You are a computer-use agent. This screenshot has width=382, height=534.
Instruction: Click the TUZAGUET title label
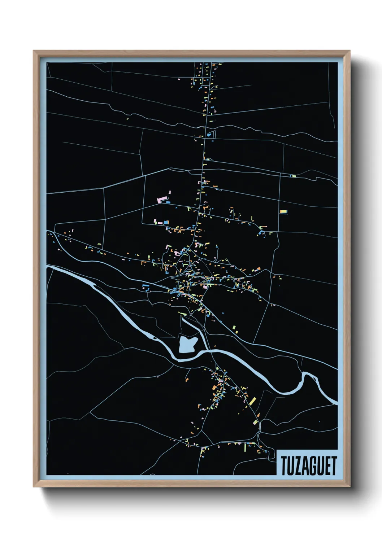308,465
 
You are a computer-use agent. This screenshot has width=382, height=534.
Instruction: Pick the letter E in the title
327,465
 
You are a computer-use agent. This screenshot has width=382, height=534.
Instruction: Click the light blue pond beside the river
188,344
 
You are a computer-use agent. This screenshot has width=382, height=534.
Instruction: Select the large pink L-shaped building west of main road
162,198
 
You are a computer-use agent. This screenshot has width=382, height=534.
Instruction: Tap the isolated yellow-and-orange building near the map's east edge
283,211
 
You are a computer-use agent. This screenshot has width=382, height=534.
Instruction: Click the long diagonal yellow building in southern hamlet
252,401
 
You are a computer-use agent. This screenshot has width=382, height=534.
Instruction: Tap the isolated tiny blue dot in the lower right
319,421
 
